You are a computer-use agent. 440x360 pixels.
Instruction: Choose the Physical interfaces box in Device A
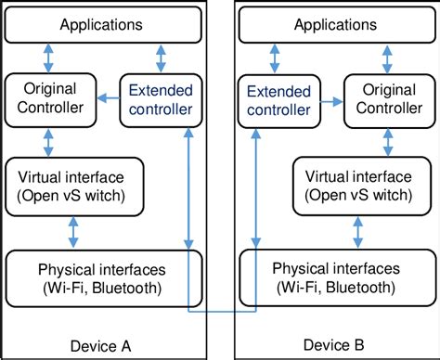tap(102, 277)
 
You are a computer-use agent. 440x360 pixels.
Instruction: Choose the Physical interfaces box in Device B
tap(337, 277)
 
